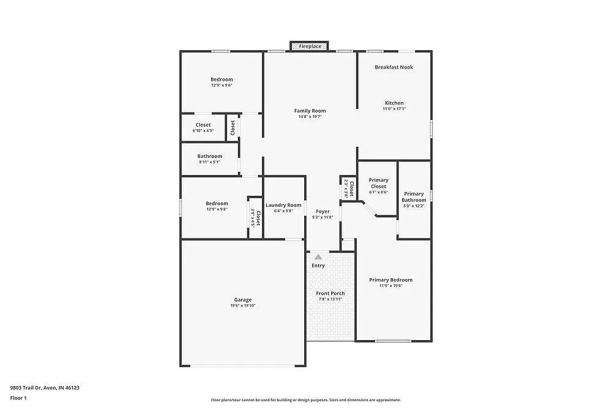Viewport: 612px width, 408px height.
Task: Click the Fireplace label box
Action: coord(310,46)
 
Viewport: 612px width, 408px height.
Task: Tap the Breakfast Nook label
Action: coord(394,67)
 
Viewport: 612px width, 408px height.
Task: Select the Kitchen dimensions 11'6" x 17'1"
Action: coord(394,109)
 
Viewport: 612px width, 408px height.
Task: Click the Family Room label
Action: coord(310,111)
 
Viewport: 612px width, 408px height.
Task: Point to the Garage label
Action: coord(242,300)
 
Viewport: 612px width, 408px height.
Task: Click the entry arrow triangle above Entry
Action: coord(318,258)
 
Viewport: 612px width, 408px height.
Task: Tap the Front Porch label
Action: coord(330,294)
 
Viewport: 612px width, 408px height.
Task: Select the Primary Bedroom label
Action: coord(390,280)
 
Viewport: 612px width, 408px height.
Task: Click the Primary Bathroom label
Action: coord(414,197)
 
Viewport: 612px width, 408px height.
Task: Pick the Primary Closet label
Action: coord(378,183)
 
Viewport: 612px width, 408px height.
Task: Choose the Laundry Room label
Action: coord(283,205)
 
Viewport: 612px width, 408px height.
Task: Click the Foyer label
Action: coord(323,212)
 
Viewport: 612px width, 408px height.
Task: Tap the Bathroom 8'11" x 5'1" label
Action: coord(209,157)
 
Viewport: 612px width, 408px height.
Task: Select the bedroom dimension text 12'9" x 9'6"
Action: coord(222,86)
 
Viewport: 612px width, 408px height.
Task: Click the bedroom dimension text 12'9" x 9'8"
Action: coord(217,210)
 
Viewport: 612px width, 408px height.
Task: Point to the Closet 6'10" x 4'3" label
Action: coord(203,125)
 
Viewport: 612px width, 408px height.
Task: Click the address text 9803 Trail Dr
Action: coord(45,388)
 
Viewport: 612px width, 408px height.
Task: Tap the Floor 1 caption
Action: coord(18,398)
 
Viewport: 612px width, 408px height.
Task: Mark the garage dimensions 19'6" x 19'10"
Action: coord(242,306)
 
